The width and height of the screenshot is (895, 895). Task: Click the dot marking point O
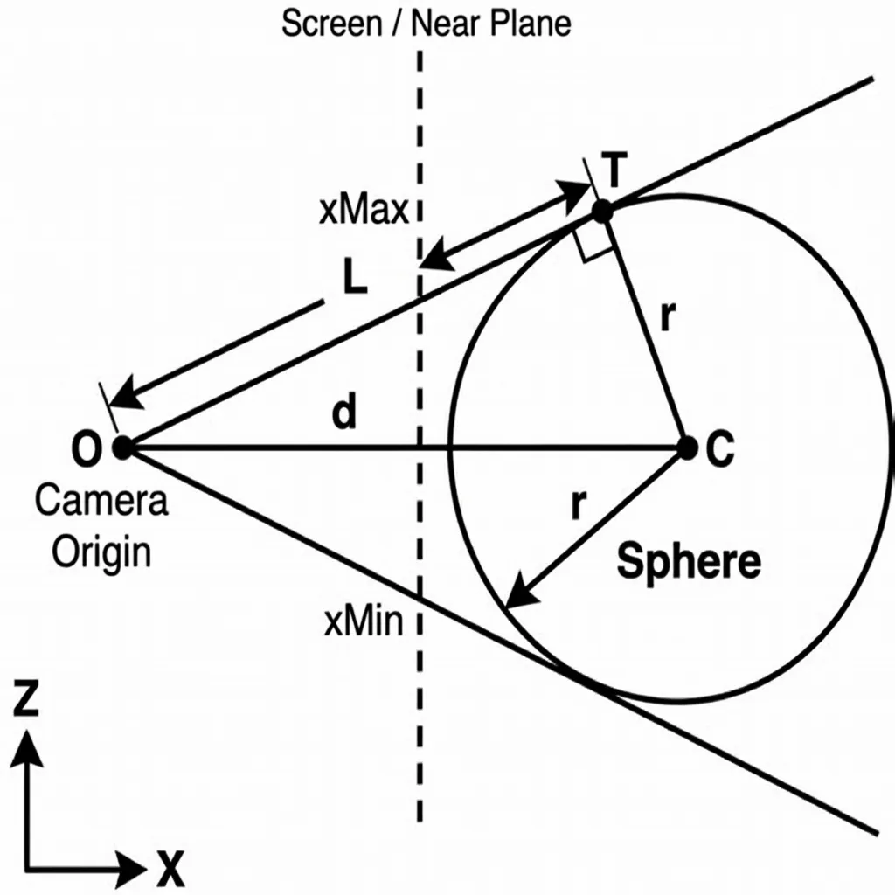click(122, 448)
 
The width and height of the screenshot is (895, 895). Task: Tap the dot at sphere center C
click(687, 448)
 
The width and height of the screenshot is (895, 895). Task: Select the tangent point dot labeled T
click(602, 211)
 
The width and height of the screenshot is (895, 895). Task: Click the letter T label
click(614, 170)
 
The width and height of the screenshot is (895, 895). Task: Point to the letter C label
click(720, 449)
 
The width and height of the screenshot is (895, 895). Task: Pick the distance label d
click(344, 414)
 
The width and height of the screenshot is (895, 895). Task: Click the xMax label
click(364, 212)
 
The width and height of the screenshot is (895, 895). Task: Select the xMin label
click(363, 623)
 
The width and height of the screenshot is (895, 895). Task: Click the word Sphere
click(688, 562)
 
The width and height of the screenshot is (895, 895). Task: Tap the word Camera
click(101, 503)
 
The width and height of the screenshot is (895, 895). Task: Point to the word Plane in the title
click(529, 24)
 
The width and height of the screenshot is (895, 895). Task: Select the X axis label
click(171, 869)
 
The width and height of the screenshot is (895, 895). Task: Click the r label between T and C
click(666, 318)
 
